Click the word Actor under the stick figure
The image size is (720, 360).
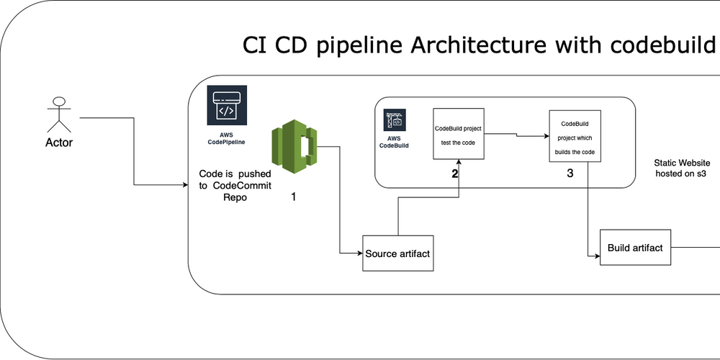point(58,143)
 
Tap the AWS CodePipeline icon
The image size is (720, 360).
point(226,107)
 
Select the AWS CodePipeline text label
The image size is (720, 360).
point(226,138)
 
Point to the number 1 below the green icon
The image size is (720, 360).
point(293,195)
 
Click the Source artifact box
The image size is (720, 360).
point(398,253)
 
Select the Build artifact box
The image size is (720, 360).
point(634,248)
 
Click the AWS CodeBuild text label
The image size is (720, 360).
point(394,141)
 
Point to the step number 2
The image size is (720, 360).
point(454,174)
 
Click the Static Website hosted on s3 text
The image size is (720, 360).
point(681,168)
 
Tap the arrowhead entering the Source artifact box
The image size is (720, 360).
point(359,253)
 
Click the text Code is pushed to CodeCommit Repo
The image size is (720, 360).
point(235,185)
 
